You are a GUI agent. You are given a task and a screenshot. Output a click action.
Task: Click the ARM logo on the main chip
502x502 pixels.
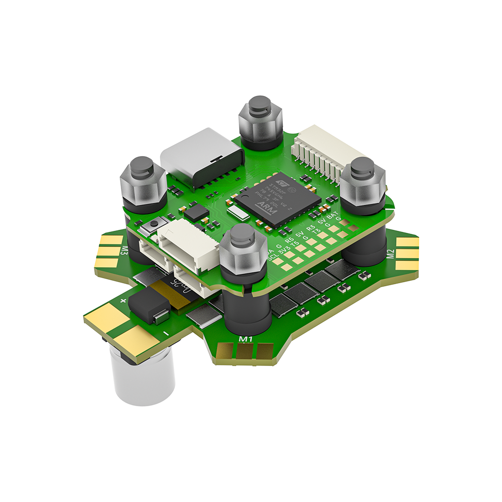click(265, 206)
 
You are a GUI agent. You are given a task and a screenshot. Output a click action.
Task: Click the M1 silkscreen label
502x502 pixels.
click(245, 340)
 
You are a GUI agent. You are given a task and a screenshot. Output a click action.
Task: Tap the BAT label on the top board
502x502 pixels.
click(332, 216)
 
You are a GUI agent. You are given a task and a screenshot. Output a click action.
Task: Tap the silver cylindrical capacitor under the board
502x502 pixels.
click(143, 376)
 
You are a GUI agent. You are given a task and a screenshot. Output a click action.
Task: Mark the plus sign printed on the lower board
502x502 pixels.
click(123, 300)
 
